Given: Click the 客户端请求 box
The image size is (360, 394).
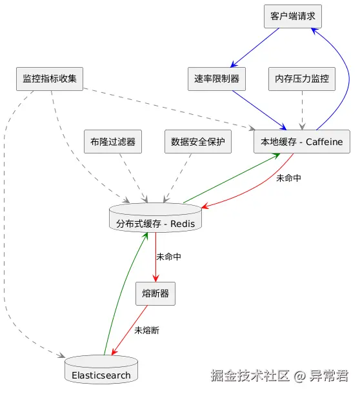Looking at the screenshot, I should coord(292,16).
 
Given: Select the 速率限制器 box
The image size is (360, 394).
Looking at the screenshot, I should coord(216,79).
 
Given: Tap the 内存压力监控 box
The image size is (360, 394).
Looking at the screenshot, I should coord(301,79).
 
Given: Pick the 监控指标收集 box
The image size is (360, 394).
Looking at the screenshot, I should coord(50,79).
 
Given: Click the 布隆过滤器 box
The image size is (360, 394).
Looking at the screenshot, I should coord(113,142).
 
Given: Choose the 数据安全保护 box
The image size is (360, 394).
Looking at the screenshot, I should coord(197,142).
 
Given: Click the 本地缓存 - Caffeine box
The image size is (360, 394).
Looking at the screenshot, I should coord(302,142).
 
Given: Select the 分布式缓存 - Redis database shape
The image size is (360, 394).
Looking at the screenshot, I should coord(155,221).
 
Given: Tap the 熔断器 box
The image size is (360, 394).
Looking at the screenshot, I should coord(155,293).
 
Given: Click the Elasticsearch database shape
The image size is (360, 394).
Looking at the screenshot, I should coord(101,371).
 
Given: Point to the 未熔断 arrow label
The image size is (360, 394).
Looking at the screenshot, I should coord(146,330).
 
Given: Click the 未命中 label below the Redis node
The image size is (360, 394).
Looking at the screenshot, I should coord(168,257).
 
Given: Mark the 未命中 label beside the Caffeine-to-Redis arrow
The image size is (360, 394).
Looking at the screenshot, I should coord(288,178).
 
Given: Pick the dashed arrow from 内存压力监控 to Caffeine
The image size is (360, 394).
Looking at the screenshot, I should coord(301,110).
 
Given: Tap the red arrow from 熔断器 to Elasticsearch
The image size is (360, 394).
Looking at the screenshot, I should coord(132,329).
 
